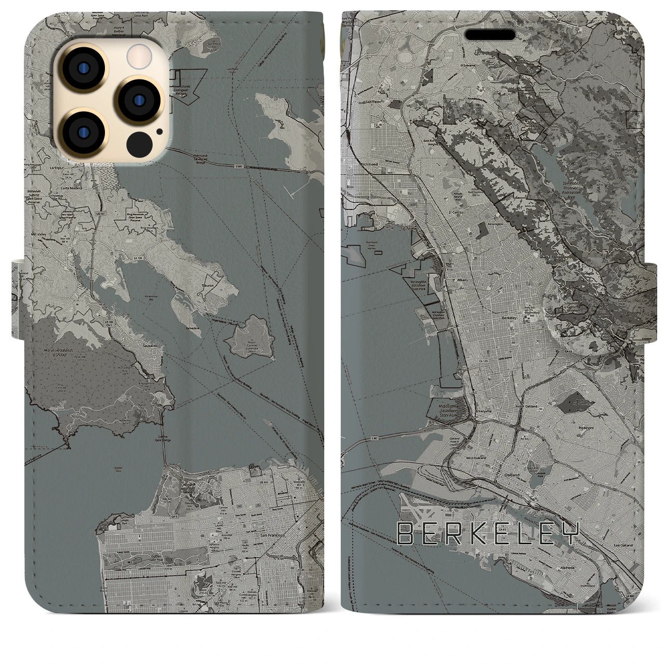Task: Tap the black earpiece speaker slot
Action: click(490, 35)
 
